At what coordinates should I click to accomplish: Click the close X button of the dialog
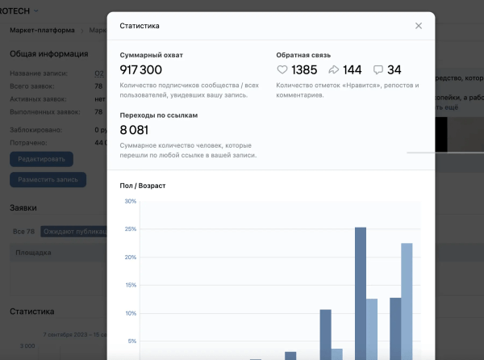pyautogui.click(x=418, y=26)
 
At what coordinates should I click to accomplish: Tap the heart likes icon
pyautogui.click(x=282, y=70)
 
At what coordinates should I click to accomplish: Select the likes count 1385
pyautogui.click(x=304, y=70)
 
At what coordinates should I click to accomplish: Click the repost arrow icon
pyautogui.click(x=335, y=70)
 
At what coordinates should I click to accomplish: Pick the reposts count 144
pyautogui.click(x=353, y=70)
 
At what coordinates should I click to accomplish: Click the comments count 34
pyautogui.click(x=394, y=70)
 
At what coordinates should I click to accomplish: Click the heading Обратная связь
pyautogui.click(x=300, y=55)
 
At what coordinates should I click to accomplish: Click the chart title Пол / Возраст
pyautogui.click(x=143, y=186)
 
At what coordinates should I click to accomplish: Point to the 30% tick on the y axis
pyautogui.click(x=130, y=201)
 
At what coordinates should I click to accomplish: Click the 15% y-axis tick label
pyautogui.click(x=130, y=285)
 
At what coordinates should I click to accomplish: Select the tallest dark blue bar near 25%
pyautogui.click(x=361, y=291)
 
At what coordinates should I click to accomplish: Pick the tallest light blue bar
pyautogui.click(x=407, y=299)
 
